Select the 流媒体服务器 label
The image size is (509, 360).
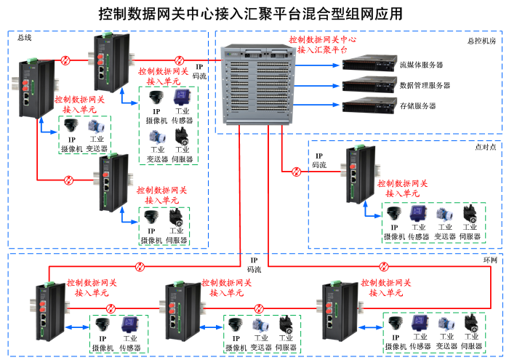click(421, 65)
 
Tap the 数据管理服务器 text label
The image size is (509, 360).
click(425, 85)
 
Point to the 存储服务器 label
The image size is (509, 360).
click(418, 105)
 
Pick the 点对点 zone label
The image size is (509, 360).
click(485, 147)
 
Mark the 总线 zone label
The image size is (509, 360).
click(24, 38)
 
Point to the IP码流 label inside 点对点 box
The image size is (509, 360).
click(319, 161)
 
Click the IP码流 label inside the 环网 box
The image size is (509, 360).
click(254, 265)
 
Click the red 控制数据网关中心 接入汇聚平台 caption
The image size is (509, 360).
click(323, 45)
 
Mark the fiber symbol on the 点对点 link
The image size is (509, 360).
click(297, 172)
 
